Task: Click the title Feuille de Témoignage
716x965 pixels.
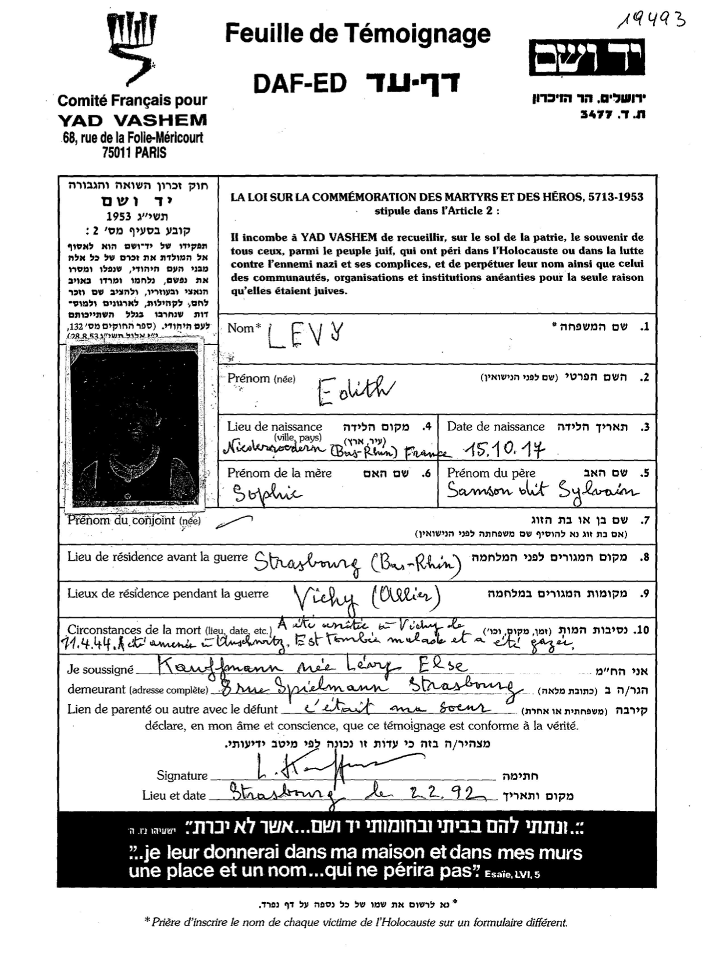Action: [357, 34]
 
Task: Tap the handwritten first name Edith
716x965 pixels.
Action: [355, 390]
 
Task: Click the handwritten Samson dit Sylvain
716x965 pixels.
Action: [541, 492]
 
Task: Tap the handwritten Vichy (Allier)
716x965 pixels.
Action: [365, 597]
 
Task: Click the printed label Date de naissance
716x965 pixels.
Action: [496, 426]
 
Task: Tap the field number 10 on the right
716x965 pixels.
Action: [642, 630]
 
